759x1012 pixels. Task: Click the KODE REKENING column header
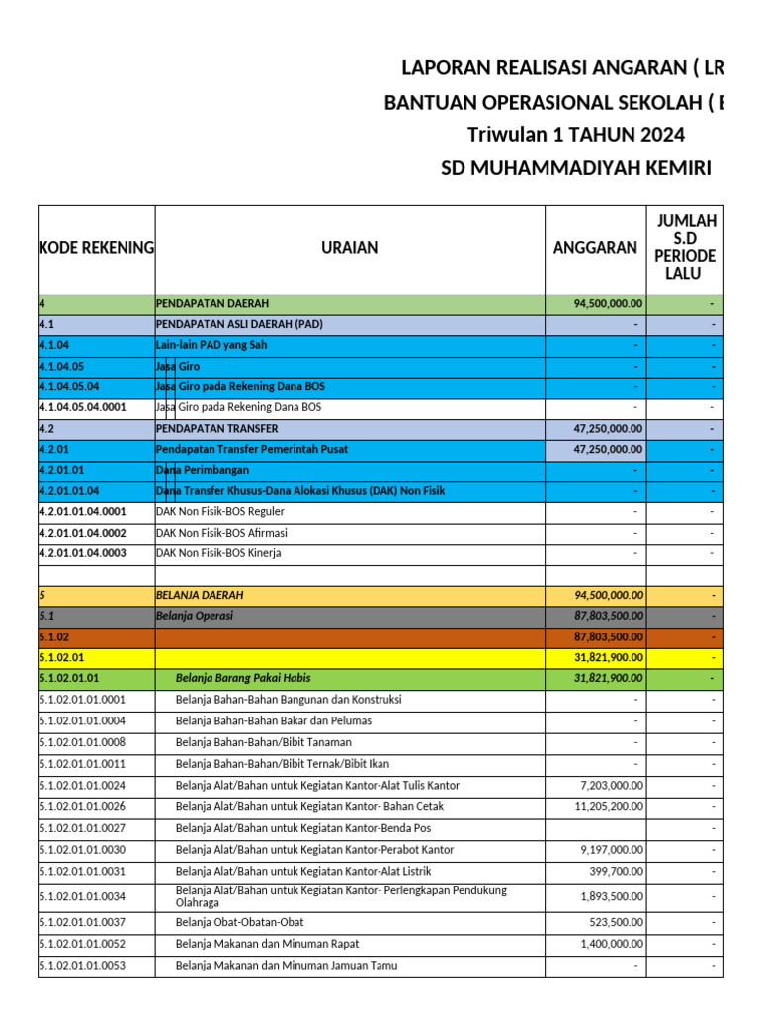point(96,248)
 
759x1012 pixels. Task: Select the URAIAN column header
point(349,248)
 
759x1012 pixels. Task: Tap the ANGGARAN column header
point(595,248)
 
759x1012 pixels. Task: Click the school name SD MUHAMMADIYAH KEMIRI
point(575,168)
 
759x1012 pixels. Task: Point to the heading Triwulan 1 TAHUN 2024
point(575,135)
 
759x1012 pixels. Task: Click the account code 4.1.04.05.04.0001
point(83,407)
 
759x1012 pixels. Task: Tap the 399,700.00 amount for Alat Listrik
point(617,872)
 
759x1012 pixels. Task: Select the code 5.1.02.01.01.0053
point(82,966)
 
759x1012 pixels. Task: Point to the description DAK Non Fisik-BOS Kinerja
point(218,553)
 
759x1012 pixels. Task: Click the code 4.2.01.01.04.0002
point(83,533)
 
